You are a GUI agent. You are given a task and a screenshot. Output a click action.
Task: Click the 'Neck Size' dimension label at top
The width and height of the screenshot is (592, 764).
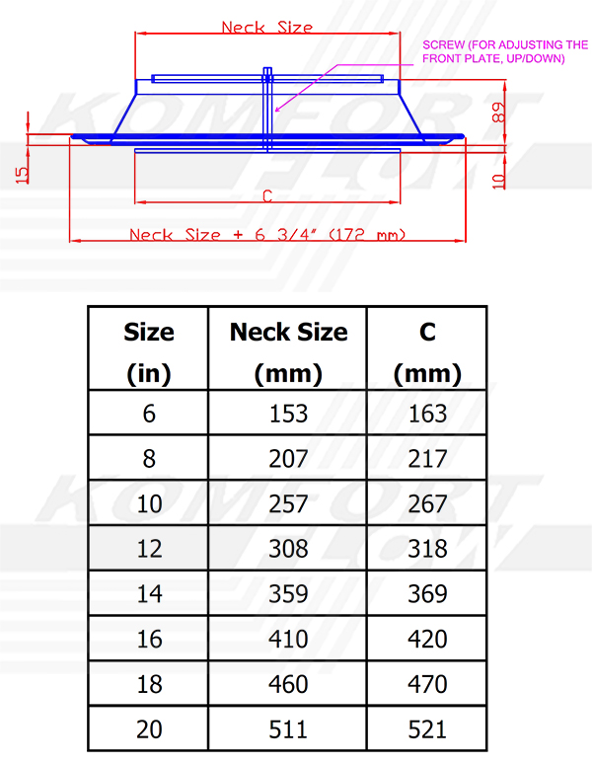(x=266, y=27)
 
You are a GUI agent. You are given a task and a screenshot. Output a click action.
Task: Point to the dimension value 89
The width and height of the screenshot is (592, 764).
(x=498, y=113)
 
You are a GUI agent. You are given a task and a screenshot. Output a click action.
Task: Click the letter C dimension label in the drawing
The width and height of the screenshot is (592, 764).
(x=266, y=195)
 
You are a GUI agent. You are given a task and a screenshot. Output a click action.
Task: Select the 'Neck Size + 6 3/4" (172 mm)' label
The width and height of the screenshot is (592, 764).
(x=266, y=235)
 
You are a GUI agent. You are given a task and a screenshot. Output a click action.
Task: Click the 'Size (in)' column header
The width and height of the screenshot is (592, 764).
(x=148, y=352)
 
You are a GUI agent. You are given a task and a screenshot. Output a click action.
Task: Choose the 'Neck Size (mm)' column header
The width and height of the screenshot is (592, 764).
(x=288, y=352)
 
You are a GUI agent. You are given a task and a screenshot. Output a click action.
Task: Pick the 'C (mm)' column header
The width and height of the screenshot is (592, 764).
(x=426, y=352)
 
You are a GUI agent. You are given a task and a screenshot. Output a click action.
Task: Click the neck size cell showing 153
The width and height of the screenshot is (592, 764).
(x=288, y=414)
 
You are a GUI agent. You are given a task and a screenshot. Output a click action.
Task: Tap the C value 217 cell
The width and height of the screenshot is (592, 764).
(x=426, y=459)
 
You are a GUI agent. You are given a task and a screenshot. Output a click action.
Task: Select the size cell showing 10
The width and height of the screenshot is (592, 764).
(x=148, y=504)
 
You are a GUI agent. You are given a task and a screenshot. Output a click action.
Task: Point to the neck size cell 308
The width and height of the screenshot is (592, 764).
(x=288, y=549)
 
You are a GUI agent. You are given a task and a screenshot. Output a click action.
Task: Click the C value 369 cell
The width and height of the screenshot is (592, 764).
(x=426, y=594)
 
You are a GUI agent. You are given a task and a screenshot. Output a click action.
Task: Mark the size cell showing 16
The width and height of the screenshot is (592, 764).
(x=148, y=640)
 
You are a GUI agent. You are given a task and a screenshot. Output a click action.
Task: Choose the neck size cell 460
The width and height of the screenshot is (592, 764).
(x=288, y=684)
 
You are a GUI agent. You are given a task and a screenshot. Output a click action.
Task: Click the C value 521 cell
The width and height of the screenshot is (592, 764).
(x=426, y=729)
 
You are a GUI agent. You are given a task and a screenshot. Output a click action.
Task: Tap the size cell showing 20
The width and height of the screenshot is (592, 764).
(x=148, y=729)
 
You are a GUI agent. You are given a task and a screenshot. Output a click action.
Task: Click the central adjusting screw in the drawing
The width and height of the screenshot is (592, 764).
(x=267, y=109)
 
